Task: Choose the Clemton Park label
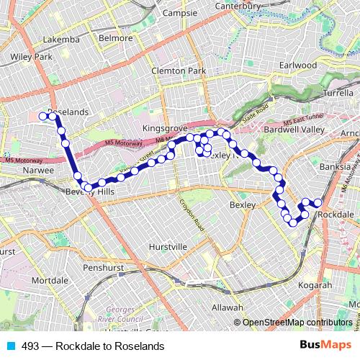pos(179,71)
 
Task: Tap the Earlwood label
pos(298,65)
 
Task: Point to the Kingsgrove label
pos(165,127)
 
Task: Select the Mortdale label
pos(50,279)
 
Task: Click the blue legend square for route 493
pos(9,344)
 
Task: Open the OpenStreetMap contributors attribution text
pos(297,322)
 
